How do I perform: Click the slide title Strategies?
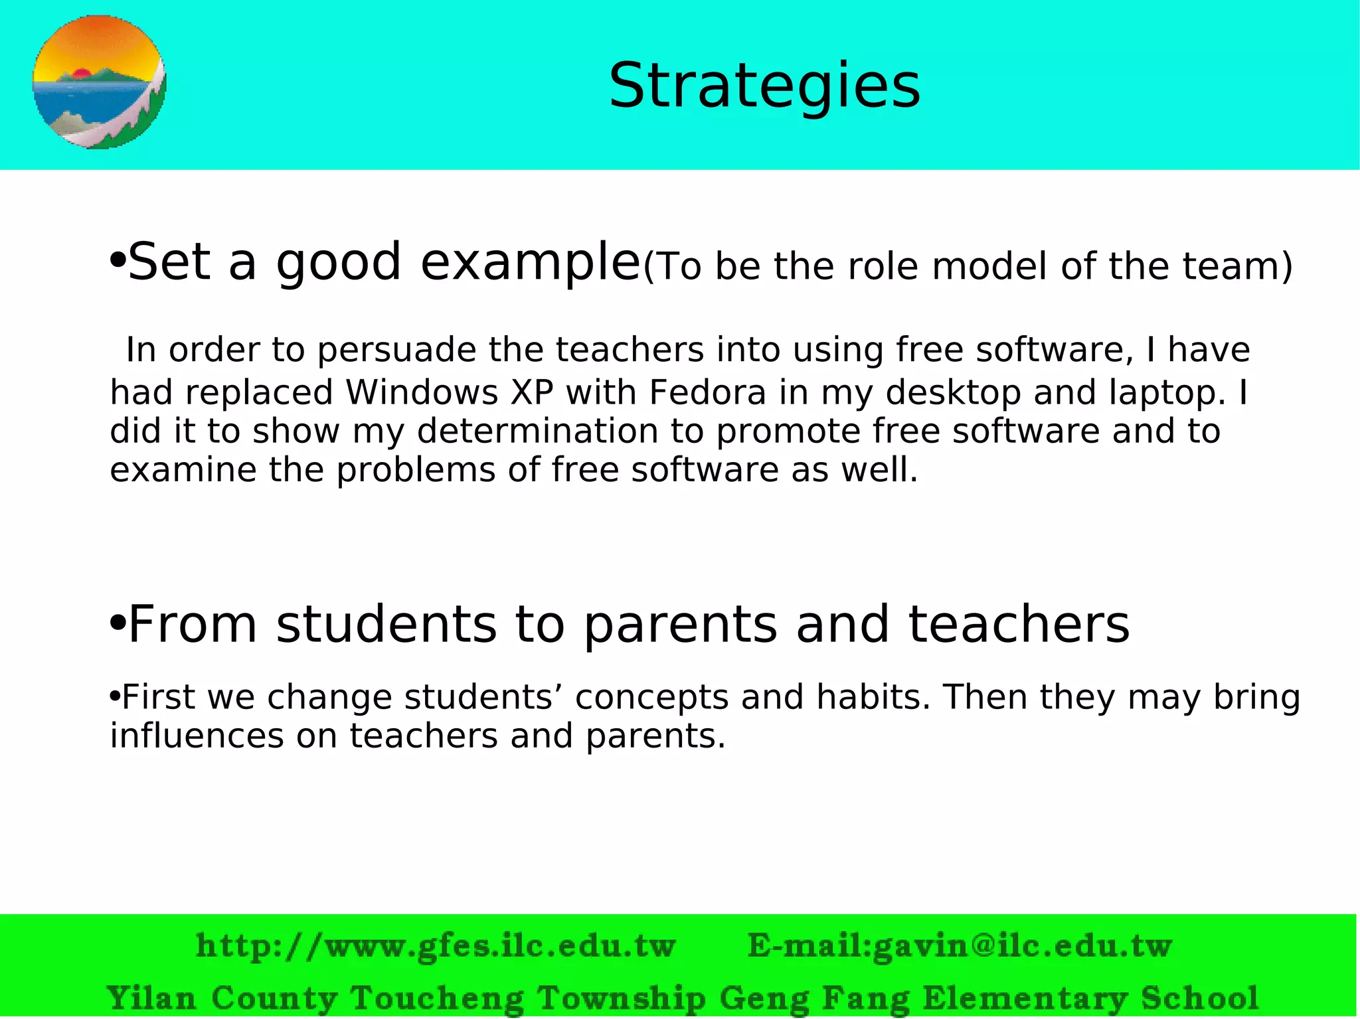[x=764, y=86]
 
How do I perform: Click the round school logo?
[x=100, y=82]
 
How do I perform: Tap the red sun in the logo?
[x=82, y=73]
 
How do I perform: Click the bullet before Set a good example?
[x=117, y=260]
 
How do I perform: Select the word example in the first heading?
[x=530, y=262]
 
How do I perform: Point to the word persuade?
[x=396, y=350]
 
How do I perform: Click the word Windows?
[x=422, y=392]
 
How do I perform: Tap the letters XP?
[x=532, y=392]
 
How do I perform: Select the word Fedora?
[x=707, y=392]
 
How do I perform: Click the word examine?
[x=183, y=469]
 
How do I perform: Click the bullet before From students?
[x=117, y=623]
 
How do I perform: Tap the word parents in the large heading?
[x=681, y=625]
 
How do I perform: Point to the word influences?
[x=197, y=736]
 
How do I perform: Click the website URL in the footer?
[x=436, y=945]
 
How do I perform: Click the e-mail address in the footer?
[x=960, y=945]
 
